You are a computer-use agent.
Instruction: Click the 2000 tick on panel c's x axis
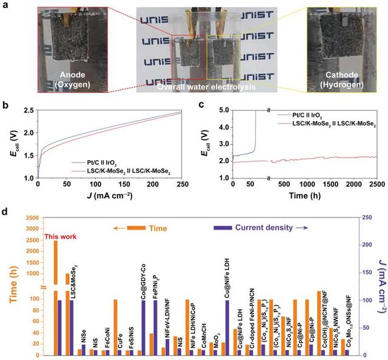tap(343, 186)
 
